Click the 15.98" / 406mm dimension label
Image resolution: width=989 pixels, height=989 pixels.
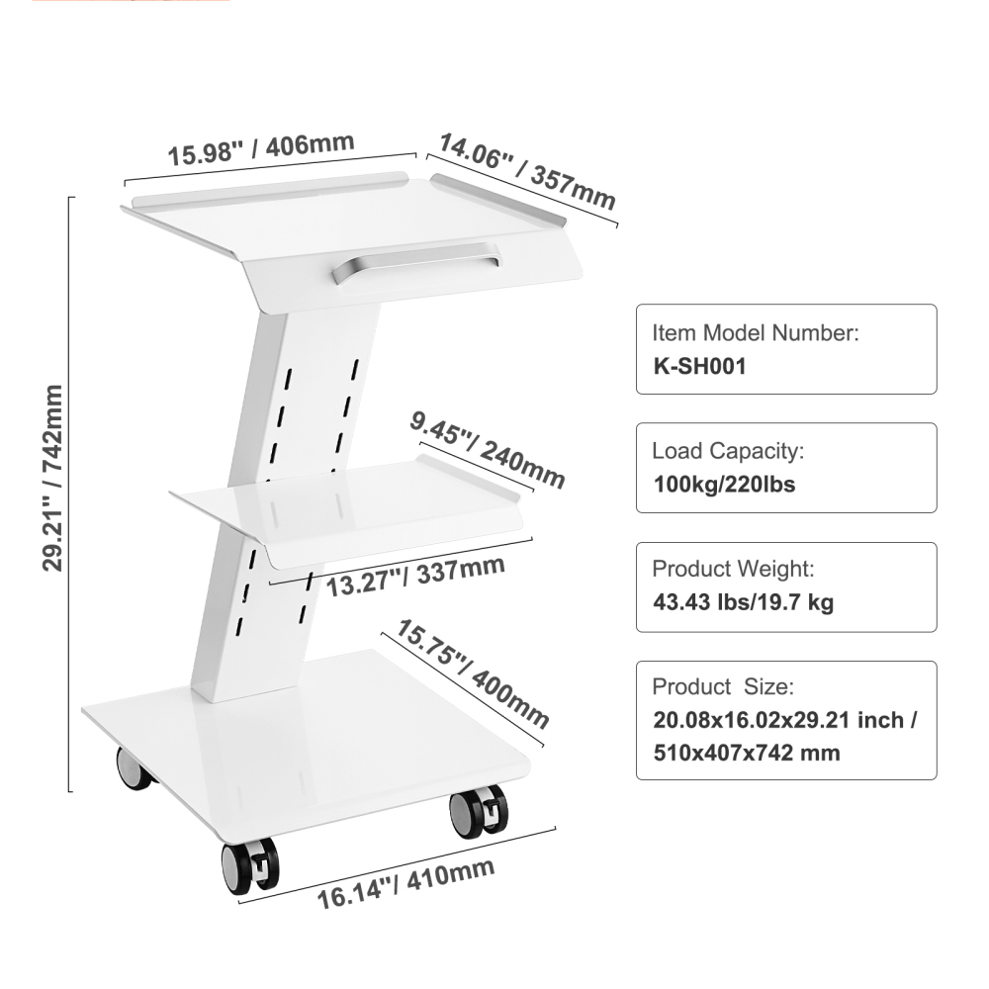(261, 149)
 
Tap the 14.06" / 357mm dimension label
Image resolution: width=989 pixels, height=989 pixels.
(527, 171)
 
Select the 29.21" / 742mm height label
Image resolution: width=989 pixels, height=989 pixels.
(53, 478)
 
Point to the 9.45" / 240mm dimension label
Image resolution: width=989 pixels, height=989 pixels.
(487, 450)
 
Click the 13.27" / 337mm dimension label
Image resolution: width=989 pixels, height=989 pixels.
(415, 577)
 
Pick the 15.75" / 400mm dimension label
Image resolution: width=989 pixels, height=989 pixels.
(473, 674)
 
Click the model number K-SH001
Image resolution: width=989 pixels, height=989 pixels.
(699, 366)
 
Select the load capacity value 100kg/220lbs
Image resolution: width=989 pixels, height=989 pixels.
(724, 485)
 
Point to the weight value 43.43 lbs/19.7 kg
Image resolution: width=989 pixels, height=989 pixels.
(743, 602)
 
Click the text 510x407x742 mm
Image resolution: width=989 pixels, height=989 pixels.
(746, 753)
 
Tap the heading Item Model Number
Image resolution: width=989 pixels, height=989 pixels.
(756, 333)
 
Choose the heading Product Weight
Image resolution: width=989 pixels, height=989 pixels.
(733, 569)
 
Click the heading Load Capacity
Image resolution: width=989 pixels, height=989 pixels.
(728, 451)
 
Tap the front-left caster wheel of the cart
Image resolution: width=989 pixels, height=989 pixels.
(250, 866)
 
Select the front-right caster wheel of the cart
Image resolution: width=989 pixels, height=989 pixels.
(478, 812)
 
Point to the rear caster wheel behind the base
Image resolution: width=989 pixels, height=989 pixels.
(134, 768)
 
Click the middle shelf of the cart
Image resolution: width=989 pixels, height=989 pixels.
(347, 511)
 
